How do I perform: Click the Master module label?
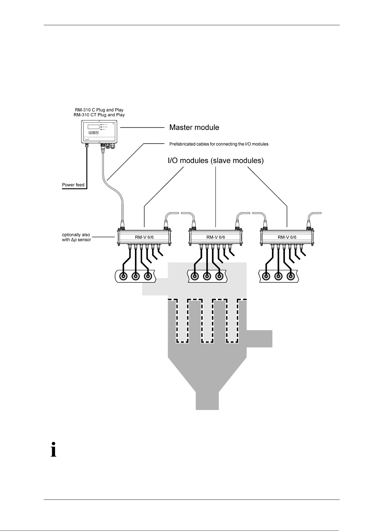(x=194, y=128)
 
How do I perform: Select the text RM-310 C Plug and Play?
(x=99, y=110)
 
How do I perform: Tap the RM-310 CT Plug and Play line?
(x=99, y=115)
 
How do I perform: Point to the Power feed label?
(x=73, y=185)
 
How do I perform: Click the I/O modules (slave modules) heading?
(x=216, y=161)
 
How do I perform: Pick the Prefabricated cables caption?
(x=219, y=144)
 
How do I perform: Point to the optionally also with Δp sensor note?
(x=76, y=237)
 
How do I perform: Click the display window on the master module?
(x=93, y=127)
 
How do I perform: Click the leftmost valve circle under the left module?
(x=123, y=276)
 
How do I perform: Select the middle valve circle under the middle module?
(x=207, y=276)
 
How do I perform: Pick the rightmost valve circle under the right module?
(x=290, y=276)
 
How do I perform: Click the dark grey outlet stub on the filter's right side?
(x=259, y=339)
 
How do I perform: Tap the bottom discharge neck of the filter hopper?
(x=207, y=400)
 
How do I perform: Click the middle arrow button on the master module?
(x=93, y=133)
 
